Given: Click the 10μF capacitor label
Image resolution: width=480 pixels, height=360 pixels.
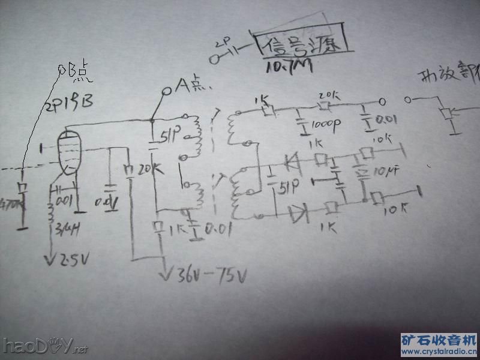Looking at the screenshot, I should (380, 173).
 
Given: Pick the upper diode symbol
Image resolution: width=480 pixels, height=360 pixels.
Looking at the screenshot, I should (292, 160).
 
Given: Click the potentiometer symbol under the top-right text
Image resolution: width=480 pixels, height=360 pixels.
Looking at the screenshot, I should (446, 114).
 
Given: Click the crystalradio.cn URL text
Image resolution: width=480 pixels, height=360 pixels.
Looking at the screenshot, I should (439, 351).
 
